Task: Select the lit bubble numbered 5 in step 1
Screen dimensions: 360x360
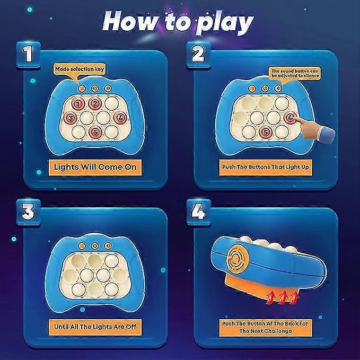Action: tap(96, 132)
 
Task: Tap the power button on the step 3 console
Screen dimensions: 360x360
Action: tap(94, 245)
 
